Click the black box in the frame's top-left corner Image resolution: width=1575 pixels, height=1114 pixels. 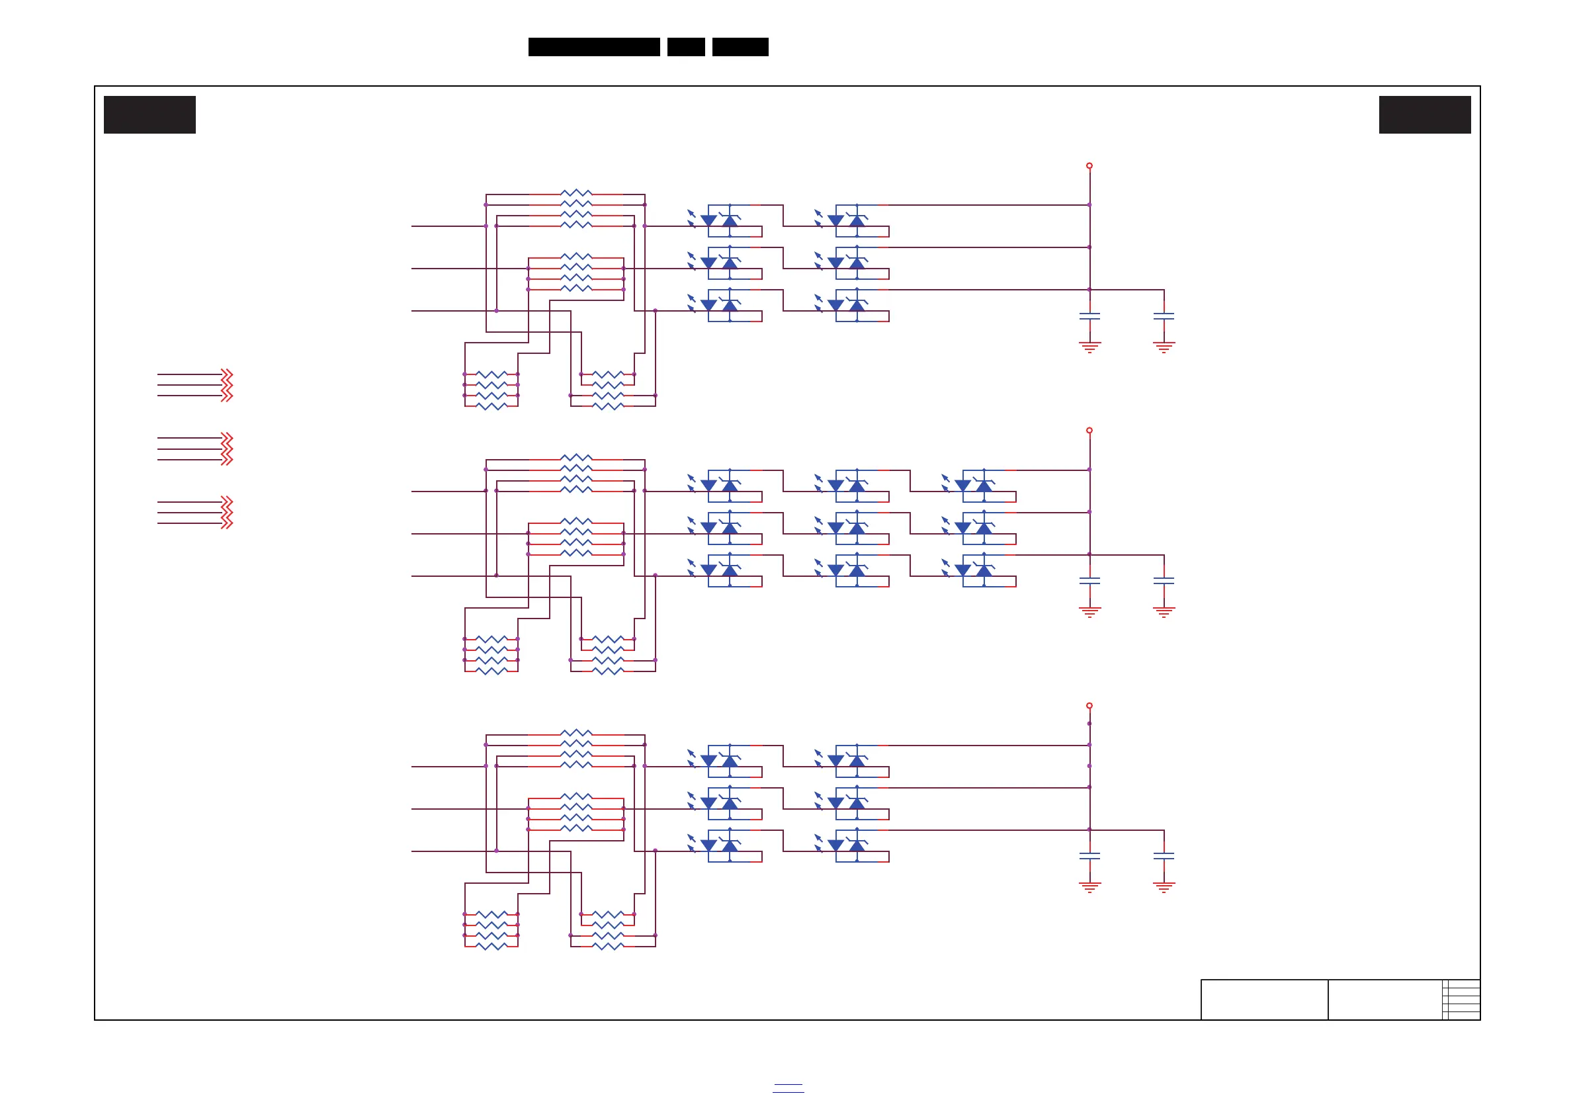(x=149, y=114)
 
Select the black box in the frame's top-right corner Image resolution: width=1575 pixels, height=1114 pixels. (x=1425, y=114)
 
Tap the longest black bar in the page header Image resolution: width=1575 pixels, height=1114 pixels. (x=594, y=47)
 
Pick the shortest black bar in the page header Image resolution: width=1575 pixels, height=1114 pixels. (x=686, y=47)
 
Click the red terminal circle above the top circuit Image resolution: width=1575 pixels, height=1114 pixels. (x=1089, y=166)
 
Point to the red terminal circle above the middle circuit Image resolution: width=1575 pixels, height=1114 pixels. (x=1089, y=431)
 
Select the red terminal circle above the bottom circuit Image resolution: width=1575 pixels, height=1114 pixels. (x=1089, y=706)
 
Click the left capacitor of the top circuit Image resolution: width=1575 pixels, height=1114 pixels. (x=1089, y=316)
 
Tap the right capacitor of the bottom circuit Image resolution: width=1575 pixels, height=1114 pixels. (x=1164, y=856)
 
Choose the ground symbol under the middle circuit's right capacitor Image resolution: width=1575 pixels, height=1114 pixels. (x=1164, y=612)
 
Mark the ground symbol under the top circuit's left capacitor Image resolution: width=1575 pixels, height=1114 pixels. (x=1089, y=347)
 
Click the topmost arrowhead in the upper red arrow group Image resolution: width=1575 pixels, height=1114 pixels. (x=227, y=374)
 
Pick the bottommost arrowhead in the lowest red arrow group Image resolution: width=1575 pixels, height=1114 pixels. (x=227, y=524)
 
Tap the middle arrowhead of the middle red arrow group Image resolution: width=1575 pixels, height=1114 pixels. (x=227, y=449)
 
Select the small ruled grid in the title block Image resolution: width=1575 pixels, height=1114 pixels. (x=1461, y=1000)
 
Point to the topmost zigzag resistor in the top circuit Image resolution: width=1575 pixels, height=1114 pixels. (x=576, y=194)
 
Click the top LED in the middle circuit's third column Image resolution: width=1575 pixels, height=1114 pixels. (x=963, y=486)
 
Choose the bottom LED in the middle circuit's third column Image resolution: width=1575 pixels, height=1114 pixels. (x=963, y=570)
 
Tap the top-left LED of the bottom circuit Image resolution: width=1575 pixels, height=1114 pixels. (x=708, y=761)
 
